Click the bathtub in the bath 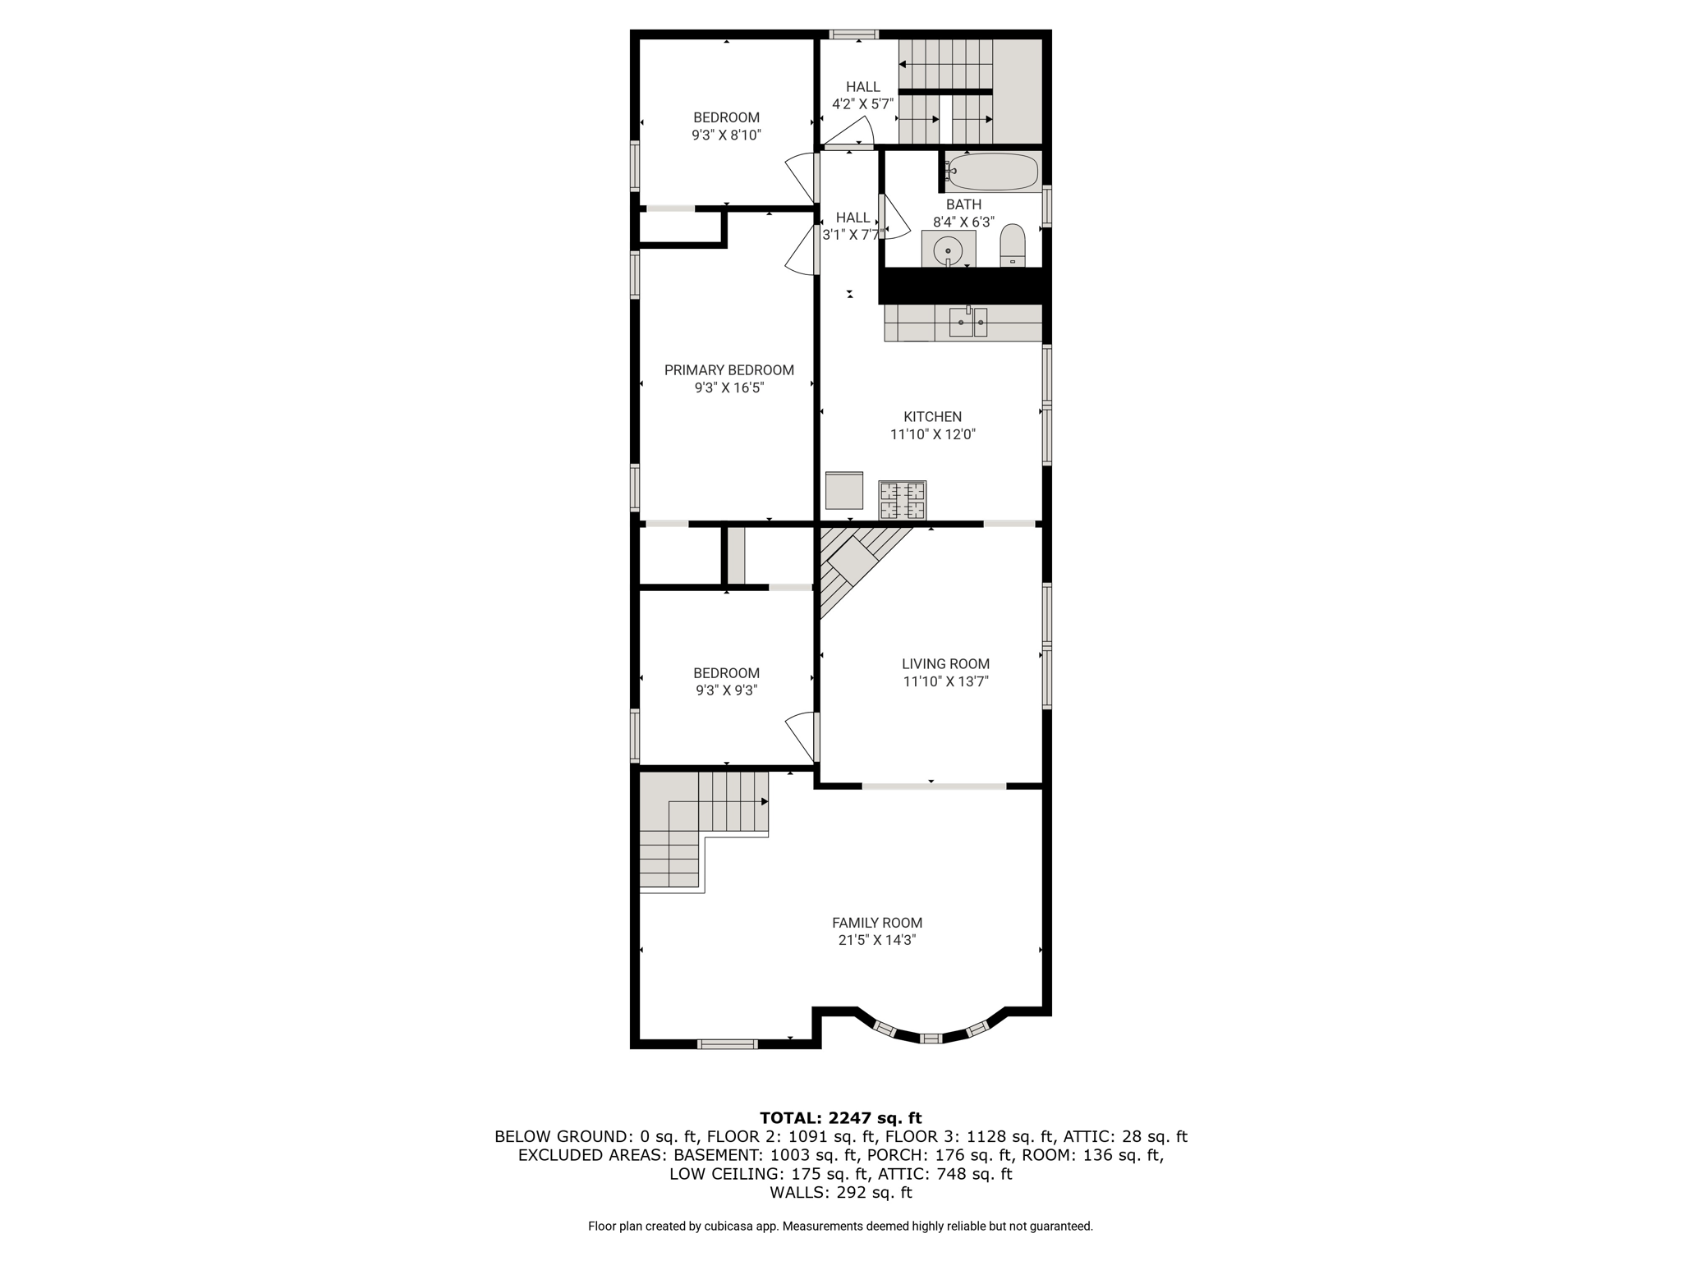pos(992,172)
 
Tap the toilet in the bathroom pos(1013,245)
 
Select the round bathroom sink pos(948,250)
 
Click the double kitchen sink pos(968,322)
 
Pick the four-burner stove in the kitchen pos(903,500)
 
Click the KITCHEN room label pos(933,417)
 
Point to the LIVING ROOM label pos(946,664)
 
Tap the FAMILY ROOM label pos(877,923)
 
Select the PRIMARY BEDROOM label pos(729,370)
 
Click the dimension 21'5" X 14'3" pos(877,941)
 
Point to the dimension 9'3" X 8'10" pos(727,135)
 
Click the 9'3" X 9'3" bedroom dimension pos(727,691)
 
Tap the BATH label pos(964,204)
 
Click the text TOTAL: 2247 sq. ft pos(841,1118)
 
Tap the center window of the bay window pos(931,1039)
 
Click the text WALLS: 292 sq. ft pos(841,1193)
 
